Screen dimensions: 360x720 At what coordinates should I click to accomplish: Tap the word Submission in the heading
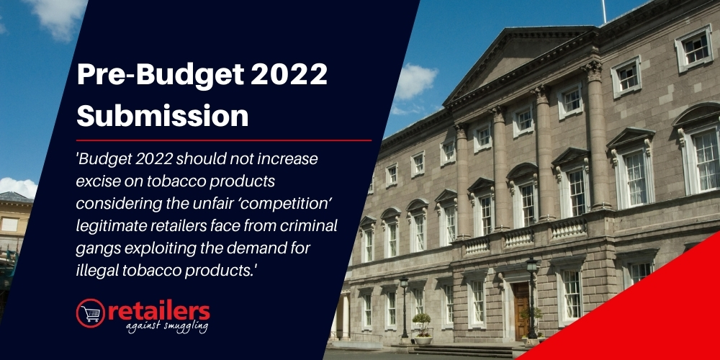pos(163,114)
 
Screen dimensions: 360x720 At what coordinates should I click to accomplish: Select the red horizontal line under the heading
pos(224,140)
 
